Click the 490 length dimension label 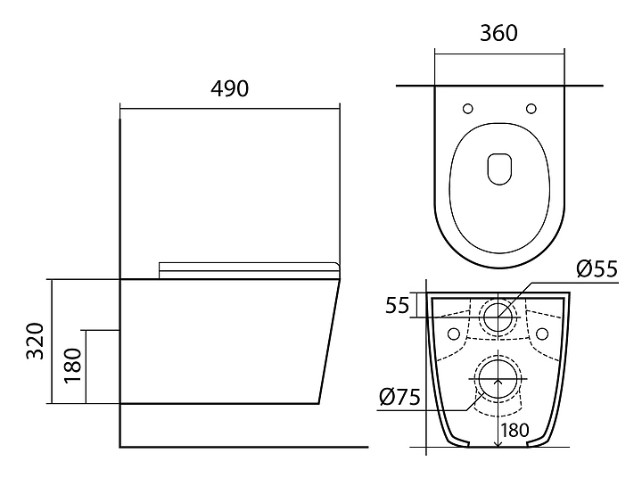coord(229,89)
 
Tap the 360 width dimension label coord(498,33)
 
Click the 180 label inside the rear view coord(514,429)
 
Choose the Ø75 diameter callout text coord(399,398)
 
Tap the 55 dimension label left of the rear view coord(397,305)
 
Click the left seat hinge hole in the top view coord(467,109)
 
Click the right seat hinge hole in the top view coord(531,109)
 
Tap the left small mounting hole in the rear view coord(454,334)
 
